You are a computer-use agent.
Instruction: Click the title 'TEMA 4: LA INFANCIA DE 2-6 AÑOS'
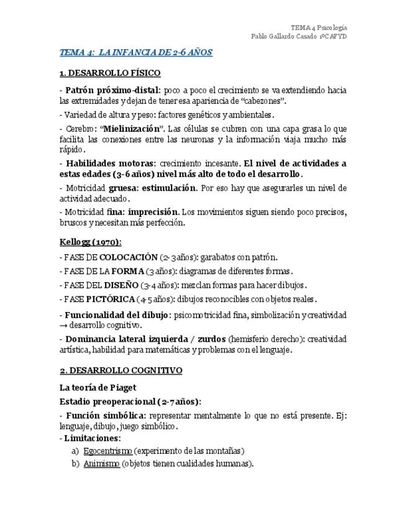pos(135,52)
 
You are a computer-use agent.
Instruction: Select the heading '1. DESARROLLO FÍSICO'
pos(110,73)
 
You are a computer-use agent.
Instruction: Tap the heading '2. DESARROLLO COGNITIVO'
pos(121,370)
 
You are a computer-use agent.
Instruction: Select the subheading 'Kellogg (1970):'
pos(91,242)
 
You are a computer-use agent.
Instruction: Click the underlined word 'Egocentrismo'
pos(107,451)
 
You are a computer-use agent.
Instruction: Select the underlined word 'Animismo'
pos(101,464)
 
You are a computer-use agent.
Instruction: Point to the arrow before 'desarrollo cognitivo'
pos(64,325)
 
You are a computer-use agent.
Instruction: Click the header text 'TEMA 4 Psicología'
pos(319,27)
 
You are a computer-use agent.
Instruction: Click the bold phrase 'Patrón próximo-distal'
pos(112,90)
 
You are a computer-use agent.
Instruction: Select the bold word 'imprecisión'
pos(153,212)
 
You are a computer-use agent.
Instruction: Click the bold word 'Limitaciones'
pos(92,438)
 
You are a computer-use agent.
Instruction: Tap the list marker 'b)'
pos(75,464)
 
